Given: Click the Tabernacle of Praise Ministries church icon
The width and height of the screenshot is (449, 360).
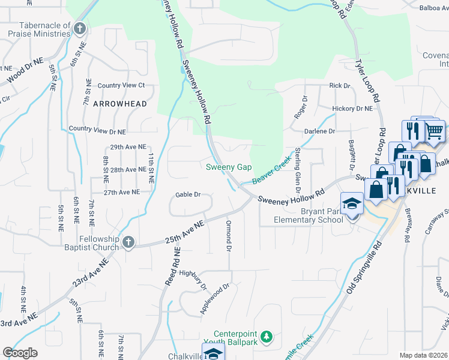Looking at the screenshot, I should [x=79, y=29].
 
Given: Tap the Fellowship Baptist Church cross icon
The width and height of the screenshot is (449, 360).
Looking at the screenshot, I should [x=127, y=242].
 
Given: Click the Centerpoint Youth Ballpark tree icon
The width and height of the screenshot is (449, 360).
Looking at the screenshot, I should [x=270, y=335].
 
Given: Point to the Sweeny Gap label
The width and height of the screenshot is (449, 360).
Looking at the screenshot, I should [x=229, y=167].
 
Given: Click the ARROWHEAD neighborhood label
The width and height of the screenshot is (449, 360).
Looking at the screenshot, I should [x=119, y=104].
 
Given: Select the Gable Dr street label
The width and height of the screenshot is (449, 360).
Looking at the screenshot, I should [x=187, y=194].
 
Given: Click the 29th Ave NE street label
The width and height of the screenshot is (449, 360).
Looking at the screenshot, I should [x=127, y=147].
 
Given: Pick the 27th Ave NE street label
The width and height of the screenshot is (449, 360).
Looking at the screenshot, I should [x=121, y=192].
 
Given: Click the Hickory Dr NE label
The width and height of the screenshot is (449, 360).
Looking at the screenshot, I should [x=352, y=109].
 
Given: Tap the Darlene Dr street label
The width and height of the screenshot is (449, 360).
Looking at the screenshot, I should [x=322, y=131].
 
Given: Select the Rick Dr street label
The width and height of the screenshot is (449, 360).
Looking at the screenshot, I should [x=339, y=86].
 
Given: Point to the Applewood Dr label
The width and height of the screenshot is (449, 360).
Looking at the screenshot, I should [x=215, y=299].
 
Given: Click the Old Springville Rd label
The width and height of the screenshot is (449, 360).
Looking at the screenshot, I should [x=364, y=268].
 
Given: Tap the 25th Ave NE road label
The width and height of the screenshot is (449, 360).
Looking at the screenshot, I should [x=185, y=232].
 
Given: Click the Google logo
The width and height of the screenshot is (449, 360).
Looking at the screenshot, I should [x=20, y=352].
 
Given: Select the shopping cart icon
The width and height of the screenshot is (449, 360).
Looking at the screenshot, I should [x=434, y=130].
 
